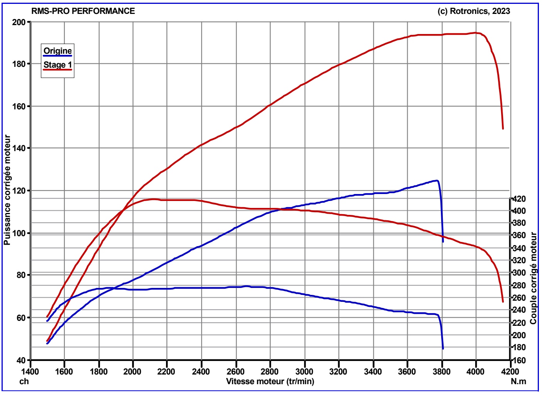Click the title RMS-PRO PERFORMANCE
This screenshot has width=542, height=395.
click(x=83, y=11)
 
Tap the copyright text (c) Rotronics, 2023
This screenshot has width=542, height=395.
click(x=474, y=11)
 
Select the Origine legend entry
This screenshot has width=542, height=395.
click(x=58, y=51)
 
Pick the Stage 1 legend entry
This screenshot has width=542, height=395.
click(x=58, y=65)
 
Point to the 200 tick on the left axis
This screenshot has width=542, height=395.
click(x=19, y=22)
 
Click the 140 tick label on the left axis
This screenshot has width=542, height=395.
click(x=19, y=148)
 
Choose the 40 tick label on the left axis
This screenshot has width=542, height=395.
click(x=21, y=360)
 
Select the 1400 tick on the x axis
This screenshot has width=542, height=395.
click(x=30, y=371)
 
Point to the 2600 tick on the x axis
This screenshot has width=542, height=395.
click(x=236, y=371)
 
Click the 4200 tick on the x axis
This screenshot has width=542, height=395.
click(x=510, y=371)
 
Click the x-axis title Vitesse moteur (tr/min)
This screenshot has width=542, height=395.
click(x=270, y=381)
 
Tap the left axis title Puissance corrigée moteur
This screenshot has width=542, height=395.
click(x=7, y=190)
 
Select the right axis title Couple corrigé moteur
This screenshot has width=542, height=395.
click(x=534, y=278)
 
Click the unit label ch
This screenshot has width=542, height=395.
click(x=24, y=381)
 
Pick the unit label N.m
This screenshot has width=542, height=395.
click(x=519, y=381)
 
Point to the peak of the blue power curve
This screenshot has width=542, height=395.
click(x=437, y=180)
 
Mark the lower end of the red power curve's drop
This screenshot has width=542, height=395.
click(x=503, y=129)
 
